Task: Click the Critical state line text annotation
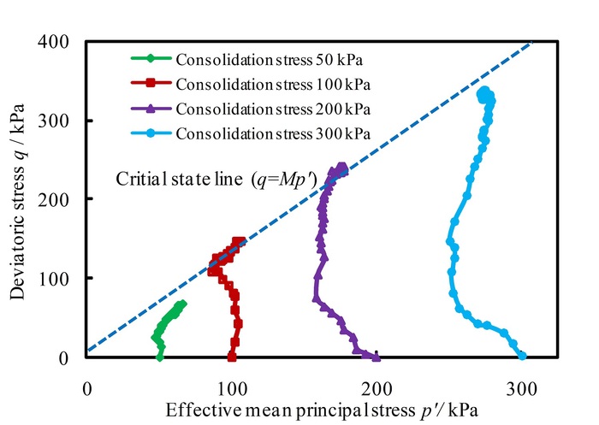tap(217, 180)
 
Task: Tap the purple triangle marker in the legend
tap(151, 109)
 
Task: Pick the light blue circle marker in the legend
tap(151, 133)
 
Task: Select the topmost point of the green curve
tap(181, 304)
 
